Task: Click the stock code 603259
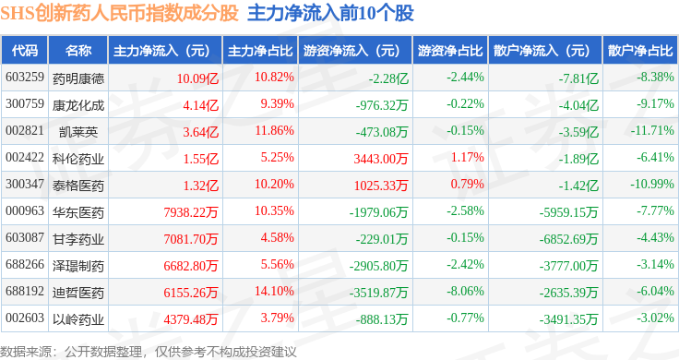point(25,78)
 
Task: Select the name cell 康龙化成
point(78,105)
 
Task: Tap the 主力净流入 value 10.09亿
point(197,78)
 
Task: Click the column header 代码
point(25,51)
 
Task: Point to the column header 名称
point(78,51)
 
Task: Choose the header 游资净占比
point(450,51)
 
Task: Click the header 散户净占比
point(640,51)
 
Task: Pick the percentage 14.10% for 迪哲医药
point(274,291)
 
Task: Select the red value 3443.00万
point(381,159)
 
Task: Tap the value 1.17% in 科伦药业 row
point(467,157)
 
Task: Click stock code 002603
point(25,318)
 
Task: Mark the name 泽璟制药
point(78,266)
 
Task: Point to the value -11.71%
point(652,130)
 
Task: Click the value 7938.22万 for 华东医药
point(191,212)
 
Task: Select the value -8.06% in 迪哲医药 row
point(466,291)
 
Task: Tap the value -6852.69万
point(568,239)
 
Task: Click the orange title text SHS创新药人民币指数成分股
point(119,14)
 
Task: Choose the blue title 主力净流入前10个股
point(330,14)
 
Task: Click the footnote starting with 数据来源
point(149,352)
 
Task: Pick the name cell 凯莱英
point(78,132)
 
